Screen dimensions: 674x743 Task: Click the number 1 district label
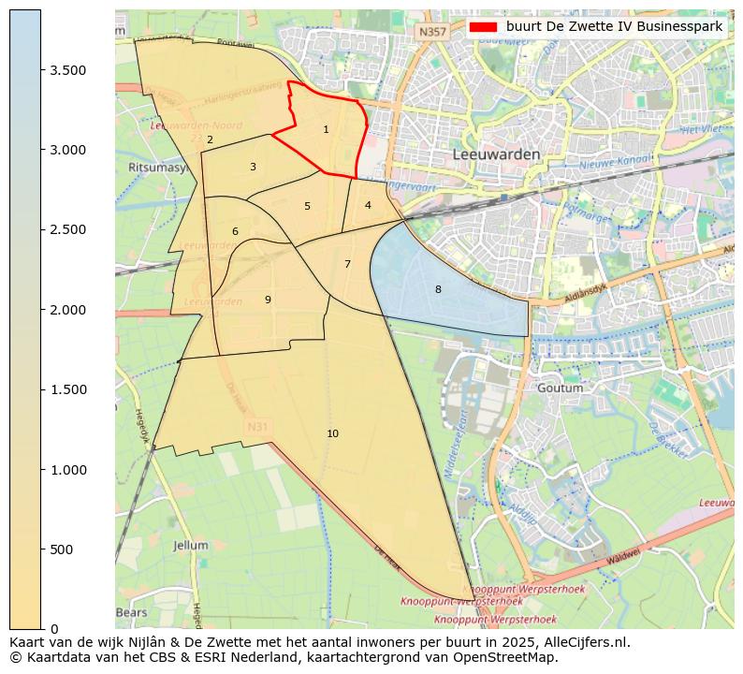[326, 130]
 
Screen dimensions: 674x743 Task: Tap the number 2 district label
[210, 140]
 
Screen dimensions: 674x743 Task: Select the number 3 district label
[253, 168]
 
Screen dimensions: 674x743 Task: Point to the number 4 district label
[368, 206]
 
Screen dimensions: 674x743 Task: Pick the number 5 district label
[307, 207]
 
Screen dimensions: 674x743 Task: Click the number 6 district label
[235, 232]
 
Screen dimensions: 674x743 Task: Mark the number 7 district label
[347, 265]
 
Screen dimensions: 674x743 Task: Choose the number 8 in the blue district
[438, 290]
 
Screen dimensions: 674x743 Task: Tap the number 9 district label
[268, 300]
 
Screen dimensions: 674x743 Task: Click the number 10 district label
[332, 433]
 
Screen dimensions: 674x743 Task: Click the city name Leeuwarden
[496, 154]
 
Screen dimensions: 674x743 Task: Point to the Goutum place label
[561, 388]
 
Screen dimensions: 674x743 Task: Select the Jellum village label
[191, 545]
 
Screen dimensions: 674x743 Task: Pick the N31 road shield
[257, 427]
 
